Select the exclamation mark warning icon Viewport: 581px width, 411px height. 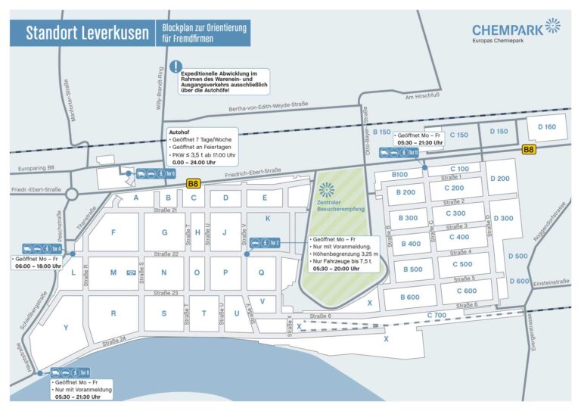coord(176,67)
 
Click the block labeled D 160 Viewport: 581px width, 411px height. coord(546,127)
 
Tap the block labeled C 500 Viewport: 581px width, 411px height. coord(462,264)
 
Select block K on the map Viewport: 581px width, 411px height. coord(267,218)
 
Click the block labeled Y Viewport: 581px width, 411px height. coord(67,328)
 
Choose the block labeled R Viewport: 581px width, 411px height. coord(113,313)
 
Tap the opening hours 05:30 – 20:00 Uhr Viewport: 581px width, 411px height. coord(341,268)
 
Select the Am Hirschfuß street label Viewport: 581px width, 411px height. coord(423,96)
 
